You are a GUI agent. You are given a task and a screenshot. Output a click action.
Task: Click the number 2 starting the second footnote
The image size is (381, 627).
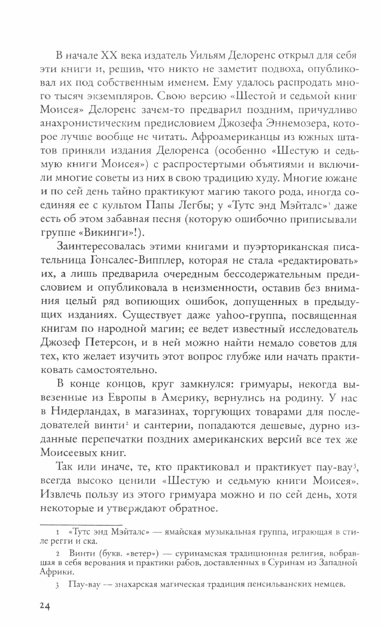coord(57,548)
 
